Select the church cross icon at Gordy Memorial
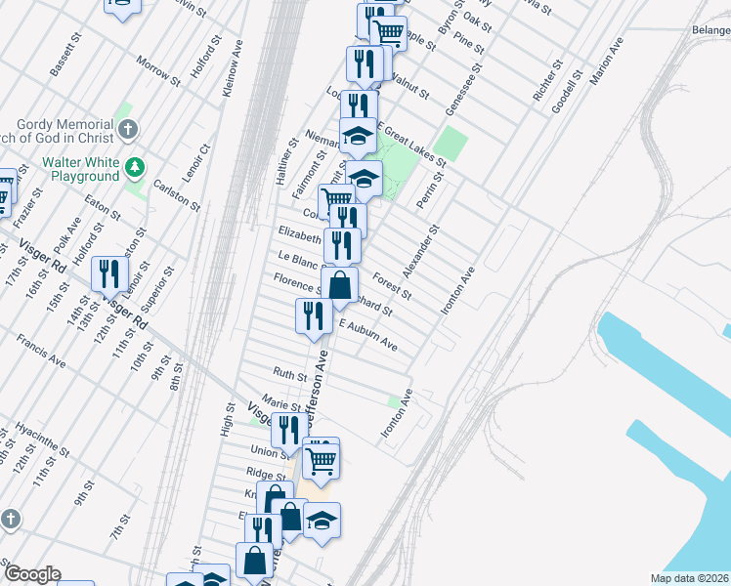pos(128,129)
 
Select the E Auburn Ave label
pos(368,335)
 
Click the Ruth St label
pos(289,373)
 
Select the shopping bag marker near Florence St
pos(339,286)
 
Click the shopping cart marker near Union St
pos(321,457)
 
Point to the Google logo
pos(32,574)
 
